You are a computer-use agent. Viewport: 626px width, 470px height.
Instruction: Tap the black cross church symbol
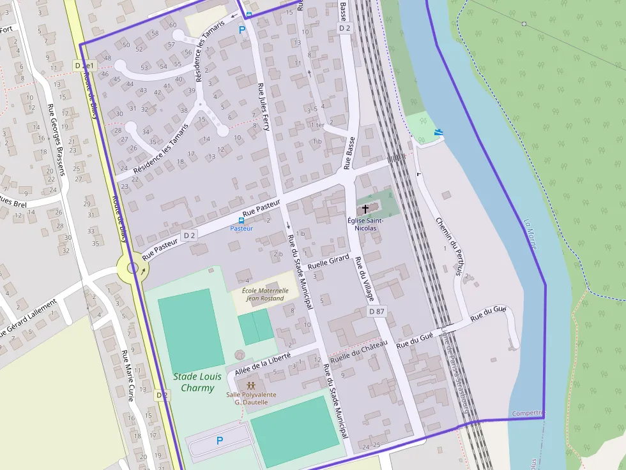click(365, 209)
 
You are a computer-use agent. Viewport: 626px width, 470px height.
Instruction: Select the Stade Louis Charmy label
click(197, 382)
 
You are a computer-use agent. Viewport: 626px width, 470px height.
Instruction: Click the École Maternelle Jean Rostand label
click(265, 294)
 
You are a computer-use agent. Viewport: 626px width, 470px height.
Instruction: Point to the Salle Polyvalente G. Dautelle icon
click(252, 386)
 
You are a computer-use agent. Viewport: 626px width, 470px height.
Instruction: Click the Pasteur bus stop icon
click(241, 220)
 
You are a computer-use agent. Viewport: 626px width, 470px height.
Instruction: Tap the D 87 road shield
click(377, 311)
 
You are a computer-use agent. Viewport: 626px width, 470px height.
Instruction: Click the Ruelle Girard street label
click(328, 261)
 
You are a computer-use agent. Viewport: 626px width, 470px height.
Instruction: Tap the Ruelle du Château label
click(359, 351)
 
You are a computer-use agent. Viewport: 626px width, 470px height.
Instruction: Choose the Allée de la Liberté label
click(263, 362)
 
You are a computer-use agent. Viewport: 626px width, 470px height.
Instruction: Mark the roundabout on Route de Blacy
click(132, 268)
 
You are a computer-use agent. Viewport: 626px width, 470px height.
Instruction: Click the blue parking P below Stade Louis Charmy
click(220, 440)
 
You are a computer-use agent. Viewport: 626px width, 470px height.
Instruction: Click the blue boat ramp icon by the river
click(438, 133)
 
